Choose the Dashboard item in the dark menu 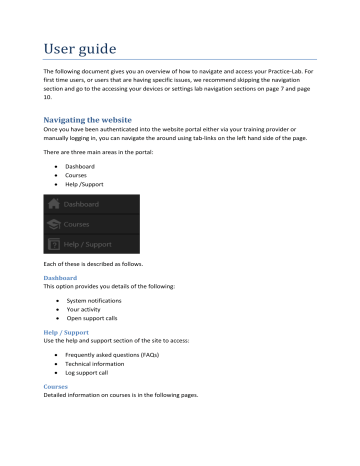click(x=86, y=203)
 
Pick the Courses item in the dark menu click(x=81, y=224)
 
